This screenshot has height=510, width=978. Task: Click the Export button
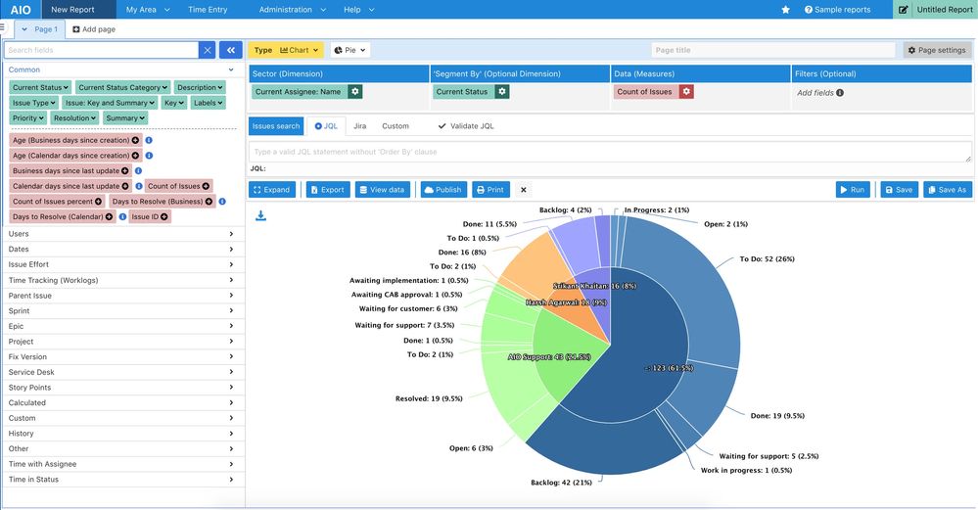click(327, 190)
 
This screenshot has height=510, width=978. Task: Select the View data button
click(383, 190)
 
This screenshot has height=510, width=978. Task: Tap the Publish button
click(442, 190)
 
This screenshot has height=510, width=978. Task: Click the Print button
click(490, 190)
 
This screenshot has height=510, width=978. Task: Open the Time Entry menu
click(208, 9)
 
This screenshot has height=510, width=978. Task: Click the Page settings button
click(936, 50)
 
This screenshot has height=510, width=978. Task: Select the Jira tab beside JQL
click(359, 126)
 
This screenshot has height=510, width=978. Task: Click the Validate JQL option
click(466, 126)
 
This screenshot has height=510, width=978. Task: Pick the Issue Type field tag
click(32, 103)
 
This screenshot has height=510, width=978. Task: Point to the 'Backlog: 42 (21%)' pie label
click(561, 483)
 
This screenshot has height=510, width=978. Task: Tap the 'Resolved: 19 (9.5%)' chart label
click(429, 398)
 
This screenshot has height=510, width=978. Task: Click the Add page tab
click(94, 29)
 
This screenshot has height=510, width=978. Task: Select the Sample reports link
click(837, 9)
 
